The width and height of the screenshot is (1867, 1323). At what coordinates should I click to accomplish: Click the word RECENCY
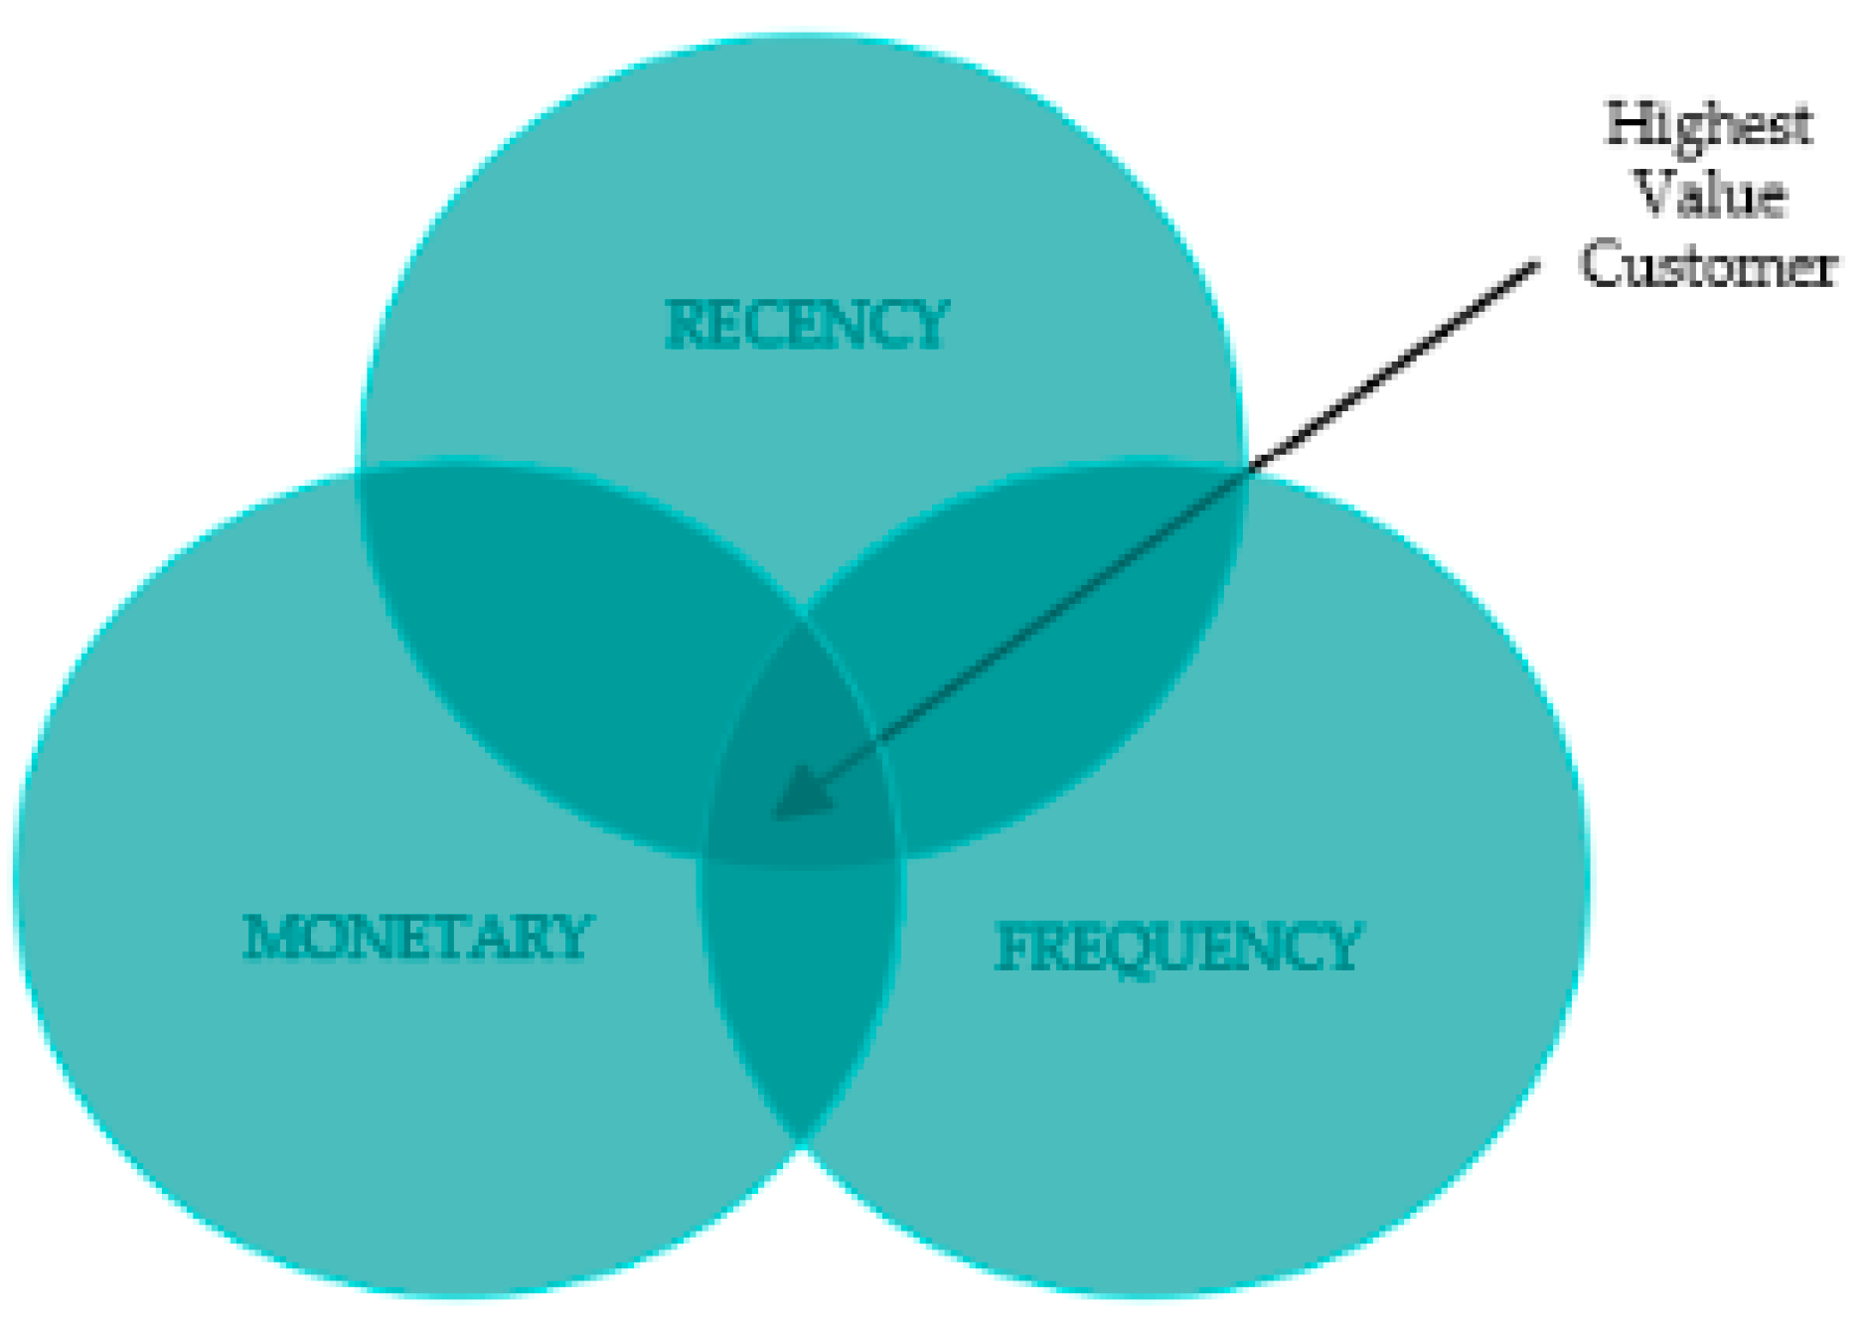click(x=806, y=325)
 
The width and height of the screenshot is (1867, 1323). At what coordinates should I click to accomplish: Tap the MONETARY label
click(x=417, y=937)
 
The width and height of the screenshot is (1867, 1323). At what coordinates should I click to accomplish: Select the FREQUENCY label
click(x=1177, y=947)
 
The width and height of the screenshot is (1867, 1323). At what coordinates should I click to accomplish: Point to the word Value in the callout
click(x=1709, y=194)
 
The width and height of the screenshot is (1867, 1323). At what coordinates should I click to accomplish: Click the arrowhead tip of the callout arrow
click(x=777, y=816)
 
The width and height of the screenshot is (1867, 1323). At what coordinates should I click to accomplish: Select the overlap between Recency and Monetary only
click(x=556, y=636)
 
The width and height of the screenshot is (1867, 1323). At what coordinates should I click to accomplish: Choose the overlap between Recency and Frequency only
click(x=1043, y=636)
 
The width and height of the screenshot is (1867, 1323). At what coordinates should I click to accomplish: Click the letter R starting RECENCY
click(x=684, y=325)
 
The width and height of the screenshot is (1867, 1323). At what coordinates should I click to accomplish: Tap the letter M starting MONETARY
click(x=267, y=937)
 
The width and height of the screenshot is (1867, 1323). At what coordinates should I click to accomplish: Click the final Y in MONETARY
click(x=573, y=937)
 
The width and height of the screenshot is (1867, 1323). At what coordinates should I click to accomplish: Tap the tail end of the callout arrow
click(x=1535, y=264)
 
